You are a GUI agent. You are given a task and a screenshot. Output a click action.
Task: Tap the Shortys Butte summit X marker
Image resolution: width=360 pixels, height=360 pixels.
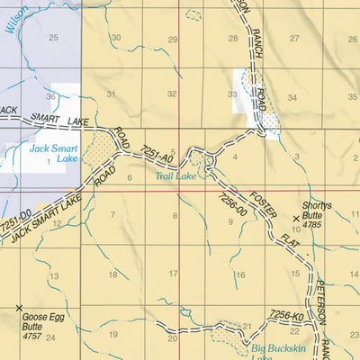click(296, 219)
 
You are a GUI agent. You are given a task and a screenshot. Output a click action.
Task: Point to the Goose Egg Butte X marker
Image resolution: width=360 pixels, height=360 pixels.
click(19, 309)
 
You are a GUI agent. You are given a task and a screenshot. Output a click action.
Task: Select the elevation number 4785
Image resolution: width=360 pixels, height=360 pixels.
click(312, 224)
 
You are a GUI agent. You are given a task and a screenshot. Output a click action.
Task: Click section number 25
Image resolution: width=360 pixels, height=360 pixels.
click(53, 37)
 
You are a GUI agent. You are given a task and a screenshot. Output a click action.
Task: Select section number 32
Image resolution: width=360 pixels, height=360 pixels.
click(172, 94)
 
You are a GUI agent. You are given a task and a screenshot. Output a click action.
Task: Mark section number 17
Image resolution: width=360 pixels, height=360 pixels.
click(174, 274)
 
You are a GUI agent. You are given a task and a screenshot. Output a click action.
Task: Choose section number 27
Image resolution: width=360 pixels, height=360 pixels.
click(293, 39)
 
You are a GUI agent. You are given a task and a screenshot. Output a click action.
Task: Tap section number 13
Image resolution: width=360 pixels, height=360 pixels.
click(53, 276)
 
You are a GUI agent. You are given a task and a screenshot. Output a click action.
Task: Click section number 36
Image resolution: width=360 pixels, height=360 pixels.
click(51, 96)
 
